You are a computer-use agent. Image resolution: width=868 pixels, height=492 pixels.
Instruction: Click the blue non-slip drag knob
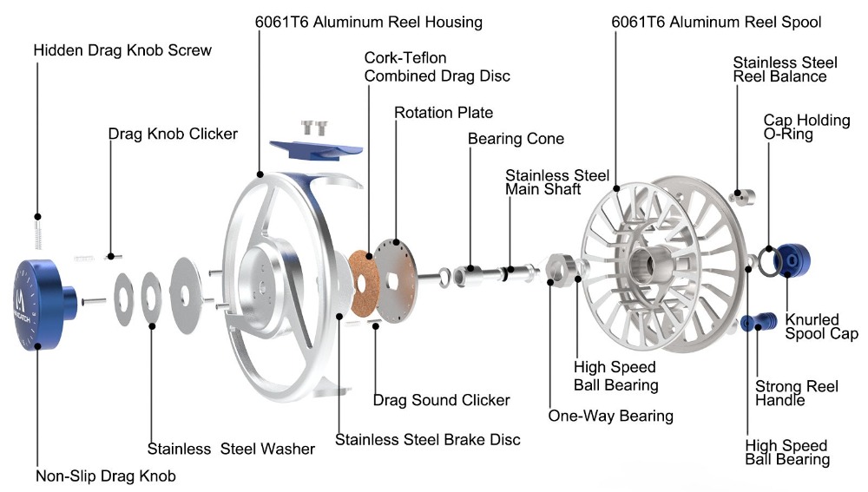click(x=42, y=305)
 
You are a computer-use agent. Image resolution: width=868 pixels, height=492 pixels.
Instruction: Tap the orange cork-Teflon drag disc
click(x=363, y=284)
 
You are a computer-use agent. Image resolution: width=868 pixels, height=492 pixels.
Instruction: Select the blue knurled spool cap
click(x=793, y=259)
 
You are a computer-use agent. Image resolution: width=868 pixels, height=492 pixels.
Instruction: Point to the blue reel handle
click(x=759, y=322)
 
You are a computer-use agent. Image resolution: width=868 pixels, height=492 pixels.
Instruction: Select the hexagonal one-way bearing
click(x=558, y=268)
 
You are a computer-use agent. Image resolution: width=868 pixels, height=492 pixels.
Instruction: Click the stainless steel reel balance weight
click(x=742, y=195)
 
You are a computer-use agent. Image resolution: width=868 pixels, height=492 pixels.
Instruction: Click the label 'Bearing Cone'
click(x=516, y=139)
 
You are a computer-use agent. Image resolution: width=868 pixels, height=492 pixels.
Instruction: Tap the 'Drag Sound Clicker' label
click(x=441, y=400)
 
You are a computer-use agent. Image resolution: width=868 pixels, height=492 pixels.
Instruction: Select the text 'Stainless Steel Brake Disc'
click(x=427, y=440)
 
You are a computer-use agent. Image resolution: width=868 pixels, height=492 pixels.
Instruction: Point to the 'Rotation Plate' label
click(x=444, y=113)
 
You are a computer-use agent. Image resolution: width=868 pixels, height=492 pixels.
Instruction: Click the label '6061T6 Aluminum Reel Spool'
click(x=716, y=23)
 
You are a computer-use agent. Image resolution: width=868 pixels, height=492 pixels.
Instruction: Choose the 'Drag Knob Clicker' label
click(x=173, y=134)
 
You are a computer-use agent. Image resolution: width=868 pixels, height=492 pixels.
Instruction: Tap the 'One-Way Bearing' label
click(x=610, y=417)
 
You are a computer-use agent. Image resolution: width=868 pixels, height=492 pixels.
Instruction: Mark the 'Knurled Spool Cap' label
click(x=821, y=326)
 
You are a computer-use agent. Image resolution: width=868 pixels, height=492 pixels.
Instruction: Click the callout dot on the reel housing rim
click(x=260, y=174)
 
